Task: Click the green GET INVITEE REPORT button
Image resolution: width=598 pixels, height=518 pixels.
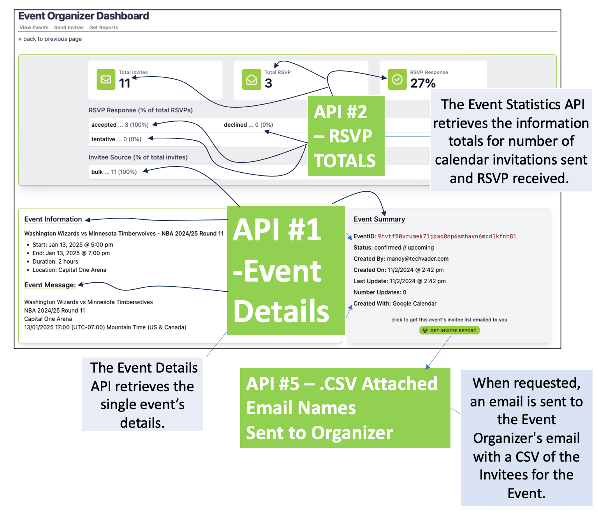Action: click(449, 331)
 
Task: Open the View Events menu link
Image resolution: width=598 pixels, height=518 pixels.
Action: click(34, 28)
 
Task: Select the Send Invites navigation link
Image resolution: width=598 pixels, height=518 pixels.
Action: click(69, 28)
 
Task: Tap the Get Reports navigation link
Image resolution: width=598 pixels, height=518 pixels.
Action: click(104, 28)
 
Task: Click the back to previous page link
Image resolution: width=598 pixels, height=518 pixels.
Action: click(50, 39)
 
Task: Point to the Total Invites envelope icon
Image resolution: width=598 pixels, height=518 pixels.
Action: click(106, 79)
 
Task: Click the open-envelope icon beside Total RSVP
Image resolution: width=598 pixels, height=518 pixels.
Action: click(252, 79)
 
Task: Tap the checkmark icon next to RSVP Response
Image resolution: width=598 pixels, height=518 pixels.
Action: click(397, 79)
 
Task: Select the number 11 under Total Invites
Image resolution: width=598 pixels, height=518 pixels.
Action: click(125, 83)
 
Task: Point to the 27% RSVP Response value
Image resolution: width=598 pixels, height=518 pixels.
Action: click(423, 83)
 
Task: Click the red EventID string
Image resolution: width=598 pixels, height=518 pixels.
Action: click(447, 236)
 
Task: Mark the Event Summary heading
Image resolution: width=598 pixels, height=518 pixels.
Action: click(379, 219)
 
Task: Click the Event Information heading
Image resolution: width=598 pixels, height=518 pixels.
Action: click(53, 219)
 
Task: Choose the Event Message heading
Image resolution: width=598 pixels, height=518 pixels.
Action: click(50, 285)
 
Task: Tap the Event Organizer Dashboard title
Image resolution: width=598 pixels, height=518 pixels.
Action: click(84, 16)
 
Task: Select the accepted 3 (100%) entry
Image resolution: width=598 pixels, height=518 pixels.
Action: click(120, 125)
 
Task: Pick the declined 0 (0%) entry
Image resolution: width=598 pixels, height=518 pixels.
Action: click(248, 125)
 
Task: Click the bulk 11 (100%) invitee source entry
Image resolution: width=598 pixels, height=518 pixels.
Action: click(114, 172)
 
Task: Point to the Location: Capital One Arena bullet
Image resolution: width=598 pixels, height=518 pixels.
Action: click(69, 270)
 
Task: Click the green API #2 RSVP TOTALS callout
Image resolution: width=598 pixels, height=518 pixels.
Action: click(346, 136)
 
